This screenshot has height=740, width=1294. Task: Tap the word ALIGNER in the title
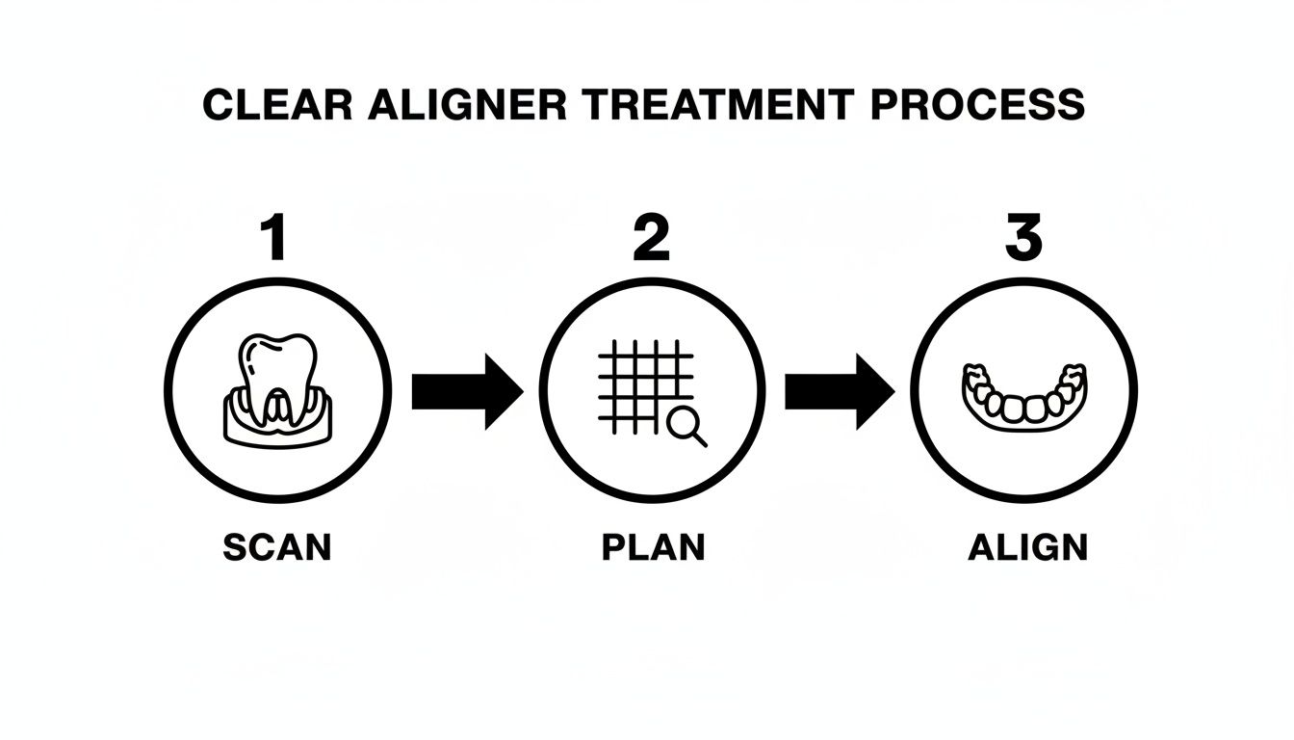(x=466, y=105)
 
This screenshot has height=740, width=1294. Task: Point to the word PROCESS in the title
(x=976, y=105)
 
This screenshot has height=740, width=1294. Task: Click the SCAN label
(x=277, y=547)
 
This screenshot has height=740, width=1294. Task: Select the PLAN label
(x=653, y=547)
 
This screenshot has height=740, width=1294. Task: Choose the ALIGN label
(x=1027, y=547)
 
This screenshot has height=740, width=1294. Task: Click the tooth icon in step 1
(x=277, y=371)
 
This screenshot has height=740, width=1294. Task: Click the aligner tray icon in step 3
(x=1024, y=395)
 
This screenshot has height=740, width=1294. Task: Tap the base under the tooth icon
(x=277, y=424)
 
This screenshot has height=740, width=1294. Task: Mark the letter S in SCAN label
(x=234, y=547)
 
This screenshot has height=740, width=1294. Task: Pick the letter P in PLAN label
(x=613, y=547)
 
